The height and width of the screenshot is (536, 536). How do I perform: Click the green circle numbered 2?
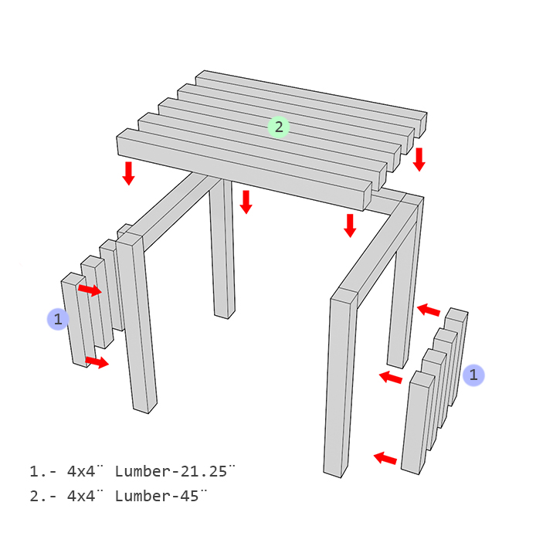[279, 127]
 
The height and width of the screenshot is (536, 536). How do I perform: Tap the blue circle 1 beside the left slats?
[58, 318]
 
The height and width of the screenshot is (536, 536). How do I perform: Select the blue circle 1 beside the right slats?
[474, 375]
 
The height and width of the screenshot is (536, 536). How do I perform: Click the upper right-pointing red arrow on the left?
[90, 290]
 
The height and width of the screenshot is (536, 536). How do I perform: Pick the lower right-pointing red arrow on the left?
[97, 361]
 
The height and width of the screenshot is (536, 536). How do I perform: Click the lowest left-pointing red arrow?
[385, 459]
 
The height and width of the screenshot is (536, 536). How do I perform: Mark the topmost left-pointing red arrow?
[429, 310]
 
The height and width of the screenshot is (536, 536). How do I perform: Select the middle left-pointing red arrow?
[391, 378]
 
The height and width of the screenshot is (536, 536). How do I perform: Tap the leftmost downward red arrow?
[128, 173]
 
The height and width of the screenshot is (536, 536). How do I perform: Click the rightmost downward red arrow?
[419, 159]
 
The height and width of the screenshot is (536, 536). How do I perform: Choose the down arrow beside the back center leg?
[246, 202]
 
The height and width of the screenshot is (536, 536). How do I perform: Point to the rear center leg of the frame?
[222, 255]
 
